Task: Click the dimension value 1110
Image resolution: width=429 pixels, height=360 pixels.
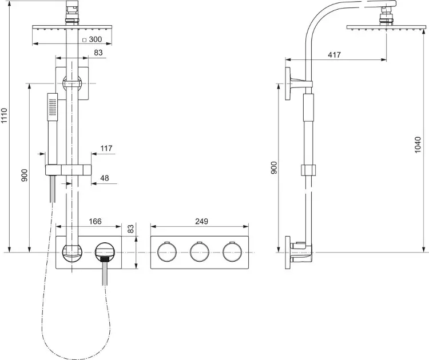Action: pos(5,116)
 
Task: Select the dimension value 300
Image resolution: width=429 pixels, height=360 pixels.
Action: pos(96,40)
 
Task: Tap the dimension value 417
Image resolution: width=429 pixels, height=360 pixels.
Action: pos(335,55)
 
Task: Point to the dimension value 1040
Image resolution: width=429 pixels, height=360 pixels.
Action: pos(418,146)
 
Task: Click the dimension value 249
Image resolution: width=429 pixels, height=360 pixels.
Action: pos(201,221)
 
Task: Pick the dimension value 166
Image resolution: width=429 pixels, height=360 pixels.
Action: pos(96,221)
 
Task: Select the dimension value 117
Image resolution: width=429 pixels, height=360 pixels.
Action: pos(106,149)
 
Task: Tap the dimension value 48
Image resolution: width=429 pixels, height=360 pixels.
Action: pos(105,178)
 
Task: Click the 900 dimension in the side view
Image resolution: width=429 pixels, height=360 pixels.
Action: pos(274,167)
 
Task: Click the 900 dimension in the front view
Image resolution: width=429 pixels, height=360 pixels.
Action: pos(25,175)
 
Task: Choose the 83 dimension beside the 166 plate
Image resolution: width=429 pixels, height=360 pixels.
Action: pos(130,229)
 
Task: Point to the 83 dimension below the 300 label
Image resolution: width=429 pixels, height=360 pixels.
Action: pos(98,53)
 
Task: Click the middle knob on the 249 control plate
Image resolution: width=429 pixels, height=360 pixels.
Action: pos(198,252)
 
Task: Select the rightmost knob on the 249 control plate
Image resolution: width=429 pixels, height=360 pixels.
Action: pos(231,252)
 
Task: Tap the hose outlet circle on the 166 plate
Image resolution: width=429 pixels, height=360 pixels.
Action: pos(105,251)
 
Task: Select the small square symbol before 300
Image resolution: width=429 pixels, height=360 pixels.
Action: pos(84,40)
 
